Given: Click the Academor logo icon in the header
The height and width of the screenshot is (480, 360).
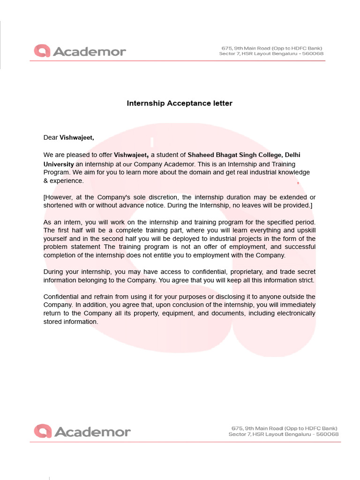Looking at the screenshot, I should (42, 51).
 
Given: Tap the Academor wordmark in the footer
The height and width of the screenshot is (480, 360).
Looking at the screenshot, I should (92, 431).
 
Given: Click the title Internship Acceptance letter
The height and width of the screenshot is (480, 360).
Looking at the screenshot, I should (180, 103).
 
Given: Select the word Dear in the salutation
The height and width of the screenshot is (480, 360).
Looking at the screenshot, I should (51, 137).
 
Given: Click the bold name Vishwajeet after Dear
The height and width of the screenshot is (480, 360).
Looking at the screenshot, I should (76, 137).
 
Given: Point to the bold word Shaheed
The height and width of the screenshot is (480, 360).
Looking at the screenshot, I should (201, 155).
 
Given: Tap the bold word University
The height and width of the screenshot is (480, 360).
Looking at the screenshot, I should (59, 164).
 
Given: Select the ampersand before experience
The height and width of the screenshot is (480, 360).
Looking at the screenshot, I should (46, 180).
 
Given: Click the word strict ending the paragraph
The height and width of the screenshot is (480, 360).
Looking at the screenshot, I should (305, 280).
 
